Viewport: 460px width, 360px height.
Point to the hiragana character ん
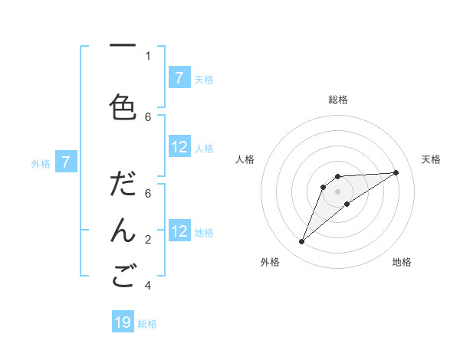point(123,230)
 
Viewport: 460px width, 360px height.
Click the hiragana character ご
point(123,277)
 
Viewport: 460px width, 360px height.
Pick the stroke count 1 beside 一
point(148,55)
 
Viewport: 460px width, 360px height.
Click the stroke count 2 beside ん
point(148,240)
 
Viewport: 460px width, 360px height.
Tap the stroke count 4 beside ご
point(148,286)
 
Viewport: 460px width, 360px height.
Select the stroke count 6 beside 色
point(148,116)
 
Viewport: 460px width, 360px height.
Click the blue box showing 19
point(123,322)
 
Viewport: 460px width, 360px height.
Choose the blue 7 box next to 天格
point(179,78)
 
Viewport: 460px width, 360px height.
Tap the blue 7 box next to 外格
point(66,162)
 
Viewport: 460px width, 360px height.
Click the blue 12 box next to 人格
point(179,147)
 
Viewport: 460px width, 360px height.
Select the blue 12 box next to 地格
point(179,231)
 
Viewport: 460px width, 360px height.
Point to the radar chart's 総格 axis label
point(338,100)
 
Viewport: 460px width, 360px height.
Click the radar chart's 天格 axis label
point(431,159)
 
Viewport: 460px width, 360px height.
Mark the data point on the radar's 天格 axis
point(396,172)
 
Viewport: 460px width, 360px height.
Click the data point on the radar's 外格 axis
point(302,242)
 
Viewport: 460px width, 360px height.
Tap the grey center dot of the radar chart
point(338,191)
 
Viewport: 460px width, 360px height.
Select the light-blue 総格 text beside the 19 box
point(147,324)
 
